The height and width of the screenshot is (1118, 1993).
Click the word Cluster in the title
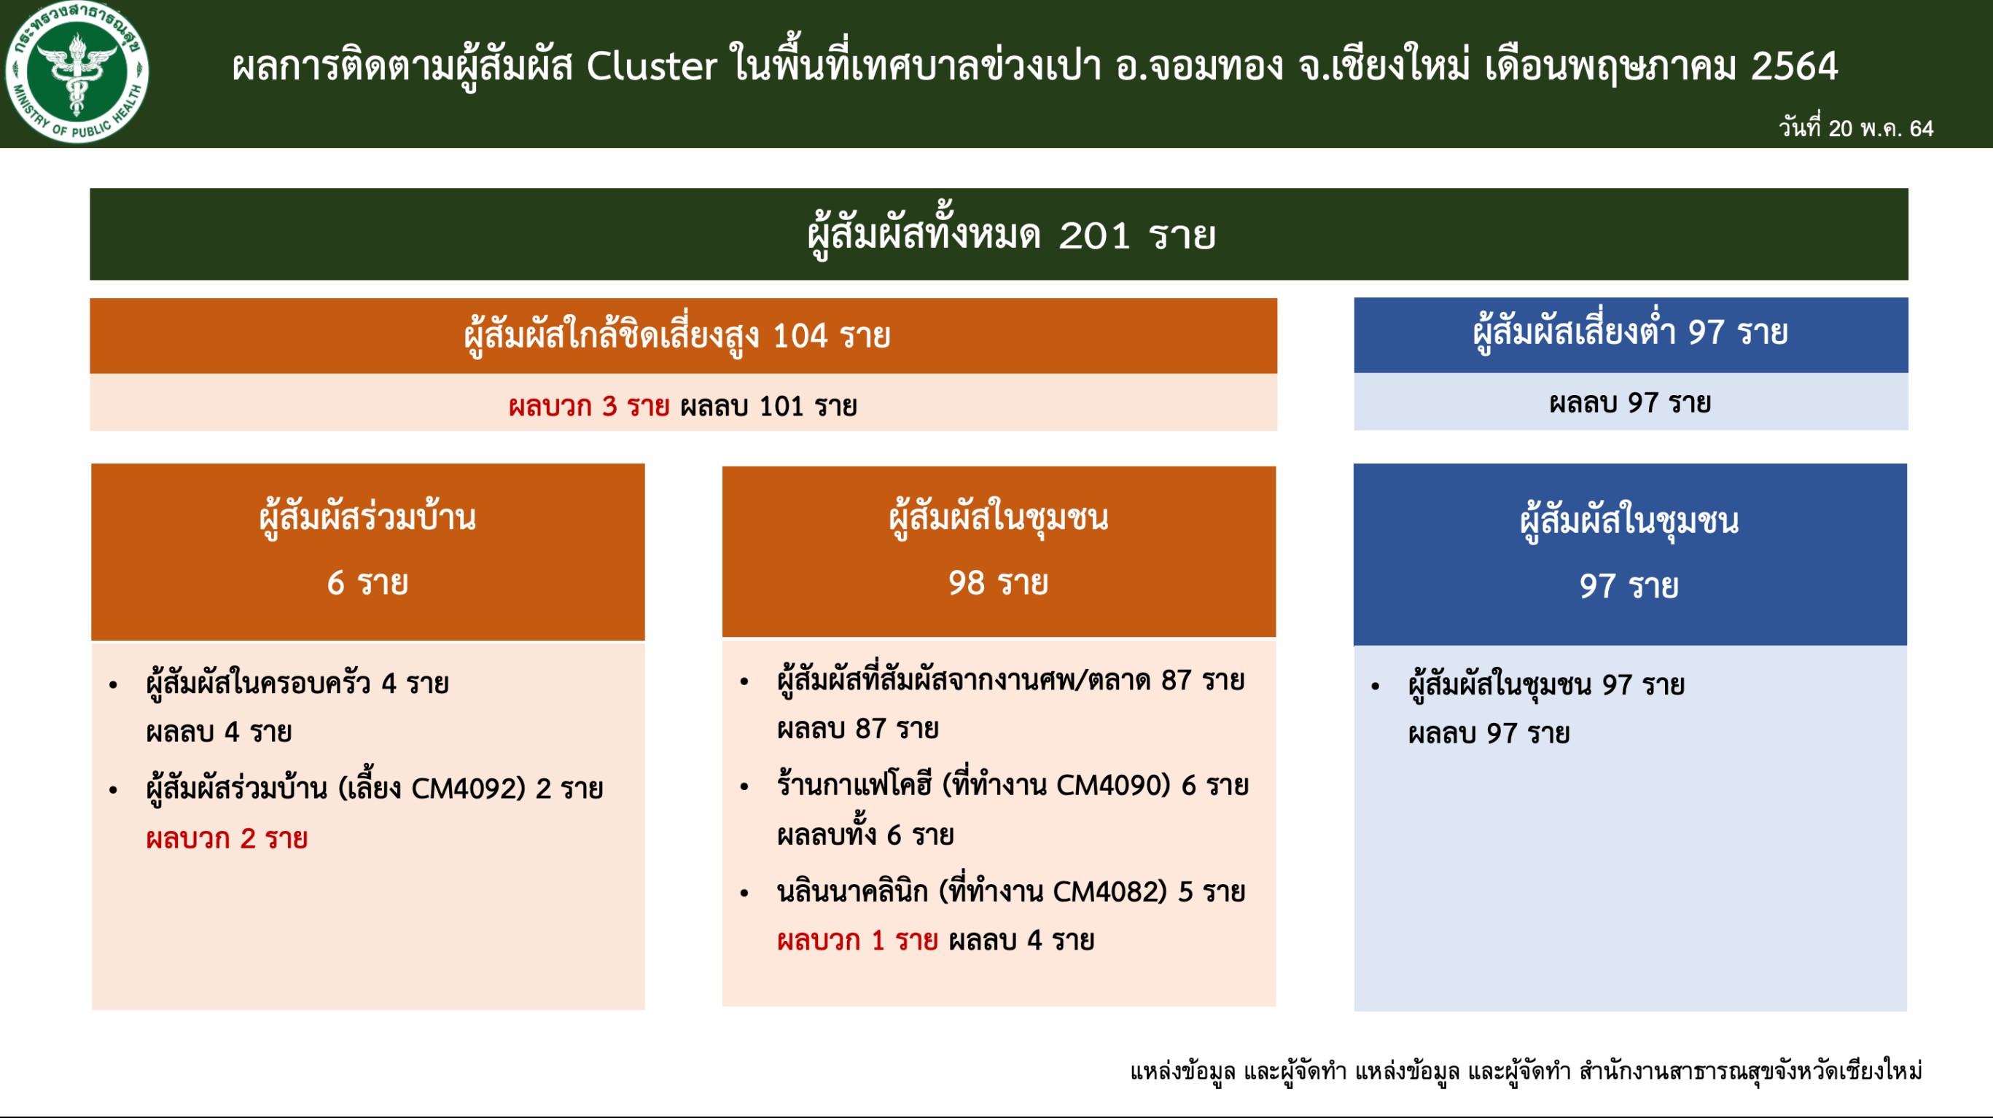click(652, 66)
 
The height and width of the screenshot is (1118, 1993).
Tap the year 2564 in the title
click(1794, 66)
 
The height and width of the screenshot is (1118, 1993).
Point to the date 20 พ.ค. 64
click(1880, 128)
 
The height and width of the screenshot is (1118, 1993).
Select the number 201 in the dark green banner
click(1095, 235)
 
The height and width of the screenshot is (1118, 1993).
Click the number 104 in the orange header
click(800, 336)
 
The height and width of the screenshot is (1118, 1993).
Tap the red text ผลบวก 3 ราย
click(589, 406)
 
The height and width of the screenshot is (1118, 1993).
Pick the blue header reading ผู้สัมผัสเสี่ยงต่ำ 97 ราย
click(1630, 335)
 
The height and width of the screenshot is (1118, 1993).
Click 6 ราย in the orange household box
click(367, 582)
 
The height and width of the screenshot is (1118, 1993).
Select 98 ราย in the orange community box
click(998, 582)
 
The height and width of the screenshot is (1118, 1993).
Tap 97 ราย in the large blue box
click(1629, 586)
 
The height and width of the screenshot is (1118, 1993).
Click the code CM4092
click(469, 789)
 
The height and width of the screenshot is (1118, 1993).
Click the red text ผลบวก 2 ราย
click(227, 839)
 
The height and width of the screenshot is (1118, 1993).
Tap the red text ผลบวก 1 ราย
click(857, 941)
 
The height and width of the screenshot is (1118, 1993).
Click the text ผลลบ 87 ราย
click(858, 729)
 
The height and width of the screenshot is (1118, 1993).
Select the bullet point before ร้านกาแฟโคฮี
click(744, 788)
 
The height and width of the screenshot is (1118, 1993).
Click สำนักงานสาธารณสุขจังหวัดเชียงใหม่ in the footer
click(1751, 1071)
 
